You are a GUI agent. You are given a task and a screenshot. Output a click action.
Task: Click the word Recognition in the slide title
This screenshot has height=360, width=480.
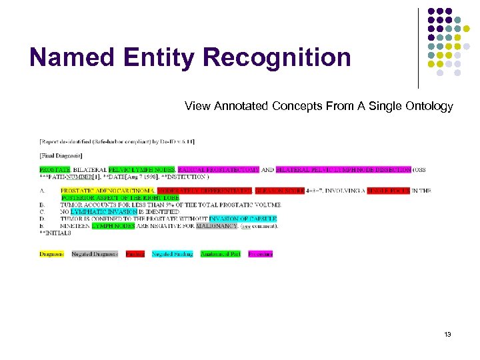pos(277,57)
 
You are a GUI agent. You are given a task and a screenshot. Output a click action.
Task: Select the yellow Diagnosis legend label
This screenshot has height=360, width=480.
pos(51,254)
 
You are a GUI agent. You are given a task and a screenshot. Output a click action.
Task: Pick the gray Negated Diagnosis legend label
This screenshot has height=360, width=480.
pos(95,254)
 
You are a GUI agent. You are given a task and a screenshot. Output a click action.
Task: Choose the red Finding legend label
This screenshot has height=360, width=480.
pos(135,254)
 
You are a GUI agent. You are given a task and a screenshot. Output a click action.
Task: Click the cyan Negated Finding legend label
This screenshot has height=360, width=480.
pos(172,254)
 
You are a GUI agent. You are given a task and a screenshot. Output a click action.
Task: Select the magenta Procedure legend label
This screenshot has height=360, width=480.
pos(260,254)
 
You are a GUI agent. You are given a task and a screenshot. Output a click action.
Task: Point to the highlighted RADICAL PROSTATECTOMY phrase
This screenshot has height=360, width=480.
pos(218,170)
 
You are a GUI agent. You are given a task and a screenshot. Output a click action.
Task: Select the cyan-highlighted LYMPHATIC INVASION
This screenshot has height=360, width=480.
pos(103,211)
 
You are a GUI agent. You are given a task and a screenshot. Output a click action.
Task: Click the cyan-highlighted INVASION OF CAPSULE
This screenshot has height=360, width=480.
pos(242,219)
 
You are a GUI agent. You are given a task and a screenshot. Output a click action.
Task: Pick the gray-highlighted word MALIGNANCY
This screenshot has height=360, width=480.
pos(217,225)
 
